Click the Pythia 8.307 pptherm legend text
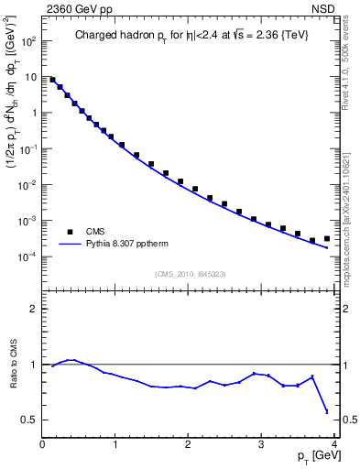click(x=129, y=245)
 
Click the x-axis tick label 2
click(x=188, y=443)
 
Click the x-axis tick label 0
click(x=42, y=443)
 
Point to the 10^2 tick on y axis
click(x=28, y=41)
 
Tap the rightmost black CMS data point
click(x=327, y=238)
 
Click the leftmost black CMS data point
click(x=53, y=80)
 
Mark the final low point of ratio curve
click(x=327, y=411)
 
